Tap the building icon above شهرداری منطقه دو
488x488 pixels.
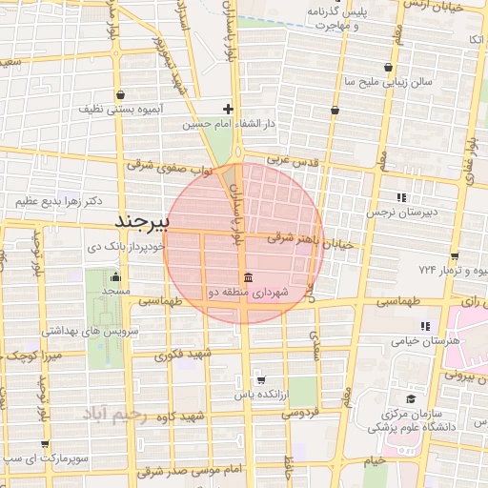tap(248, 277)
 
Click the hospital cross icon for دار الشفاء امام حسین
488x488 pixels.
tap(227, 109)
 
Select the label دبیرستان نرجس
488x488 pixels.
tap(404, 213)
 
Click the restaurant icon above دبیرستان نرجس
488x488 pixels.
tap(401, 196)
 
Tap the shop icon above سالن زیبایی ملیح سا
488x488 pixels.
tap(388, 67)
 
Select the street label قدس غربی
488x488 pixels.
tap(293, 162)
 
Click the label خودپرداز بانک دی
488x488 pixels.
tap(126, 245)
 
